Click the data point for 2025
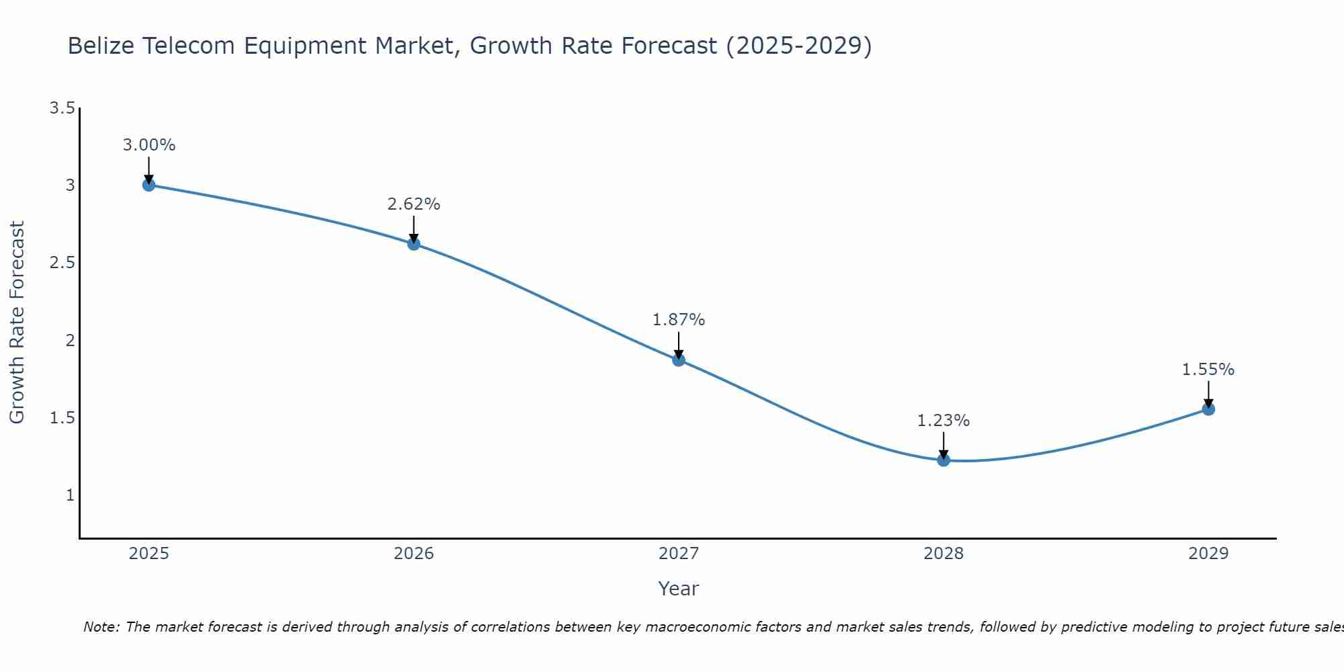pos(149,185)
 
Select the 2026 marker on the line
pos(414,244)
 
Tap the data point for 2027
pos(679,360)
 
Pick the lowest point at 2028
pos(943,460)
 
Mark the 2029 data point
pos(1208,409)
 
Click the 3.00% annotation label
pos(149,145)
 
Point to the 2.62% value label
pos(414,204)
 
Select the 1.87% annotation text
pos(679,320)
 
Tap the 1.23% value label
pos(943,421)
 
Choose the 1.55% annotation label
pos(1208,370)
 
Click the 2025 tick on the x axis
pos(149,554)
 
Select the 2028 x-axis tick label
pos(943,554)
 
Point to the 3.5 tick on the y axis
pos(62,108)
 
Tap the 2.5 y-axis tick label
pos(62,263)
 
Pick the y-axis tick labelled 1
pos(70,495)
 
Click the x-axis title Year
pos(679,589)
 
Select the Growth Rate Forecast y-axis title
pos(17,323)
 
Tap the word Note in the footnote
pos(101,627)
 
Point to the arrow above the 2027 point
pos(679,345)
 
